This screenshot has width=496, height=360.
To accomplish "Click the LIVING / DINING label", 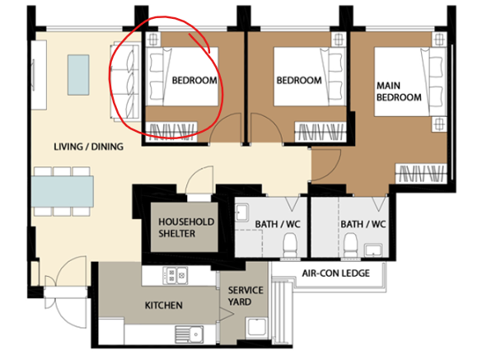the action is coord(89,147).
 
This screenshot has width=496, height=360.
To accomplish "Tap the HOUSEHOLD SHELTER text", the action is coord(186,227).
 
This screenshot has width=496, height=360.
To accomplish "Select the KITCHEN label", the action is coord(163,306).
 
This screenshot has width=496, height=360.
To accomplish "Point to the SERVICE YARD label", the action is coord(246,296).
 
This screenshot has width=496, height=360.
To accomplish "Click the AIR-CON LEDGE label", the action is coord(335,273).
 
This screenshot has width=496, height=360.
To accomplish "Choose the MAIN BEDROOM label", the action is coord(399,91).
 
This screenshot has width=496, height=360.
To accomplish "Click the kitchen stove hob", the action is coord(175,275).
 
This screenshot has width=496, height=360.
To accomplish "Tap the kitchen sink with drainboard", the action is coord(190,334).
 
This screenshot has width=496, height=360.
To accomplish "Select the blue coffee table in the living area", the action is coord(78,75).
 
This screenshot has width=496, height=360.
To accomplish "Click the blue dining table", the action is coord(63,191).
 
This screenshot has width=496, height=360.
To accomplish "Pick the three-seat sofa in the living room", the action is coord(125,82).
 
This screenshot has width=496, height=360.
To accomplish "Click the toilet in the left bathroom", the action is coord(290,245).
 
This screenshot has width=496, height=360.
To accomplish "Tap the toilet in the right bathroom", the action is coord(350,245).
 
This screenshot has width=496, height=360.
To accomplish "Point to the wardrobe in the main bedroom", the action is coord(421,174).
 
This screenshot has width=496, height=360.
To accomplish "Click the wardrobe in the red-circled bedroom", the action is coord(171,132).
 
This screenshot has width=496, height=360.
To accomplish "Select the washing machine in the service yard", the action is coord(256,327).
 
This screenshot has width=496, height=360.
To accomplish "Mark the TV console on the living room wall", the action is coord(39,75).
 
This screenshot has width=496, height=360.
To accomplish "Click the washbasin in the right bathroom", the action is coord(373,250).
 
